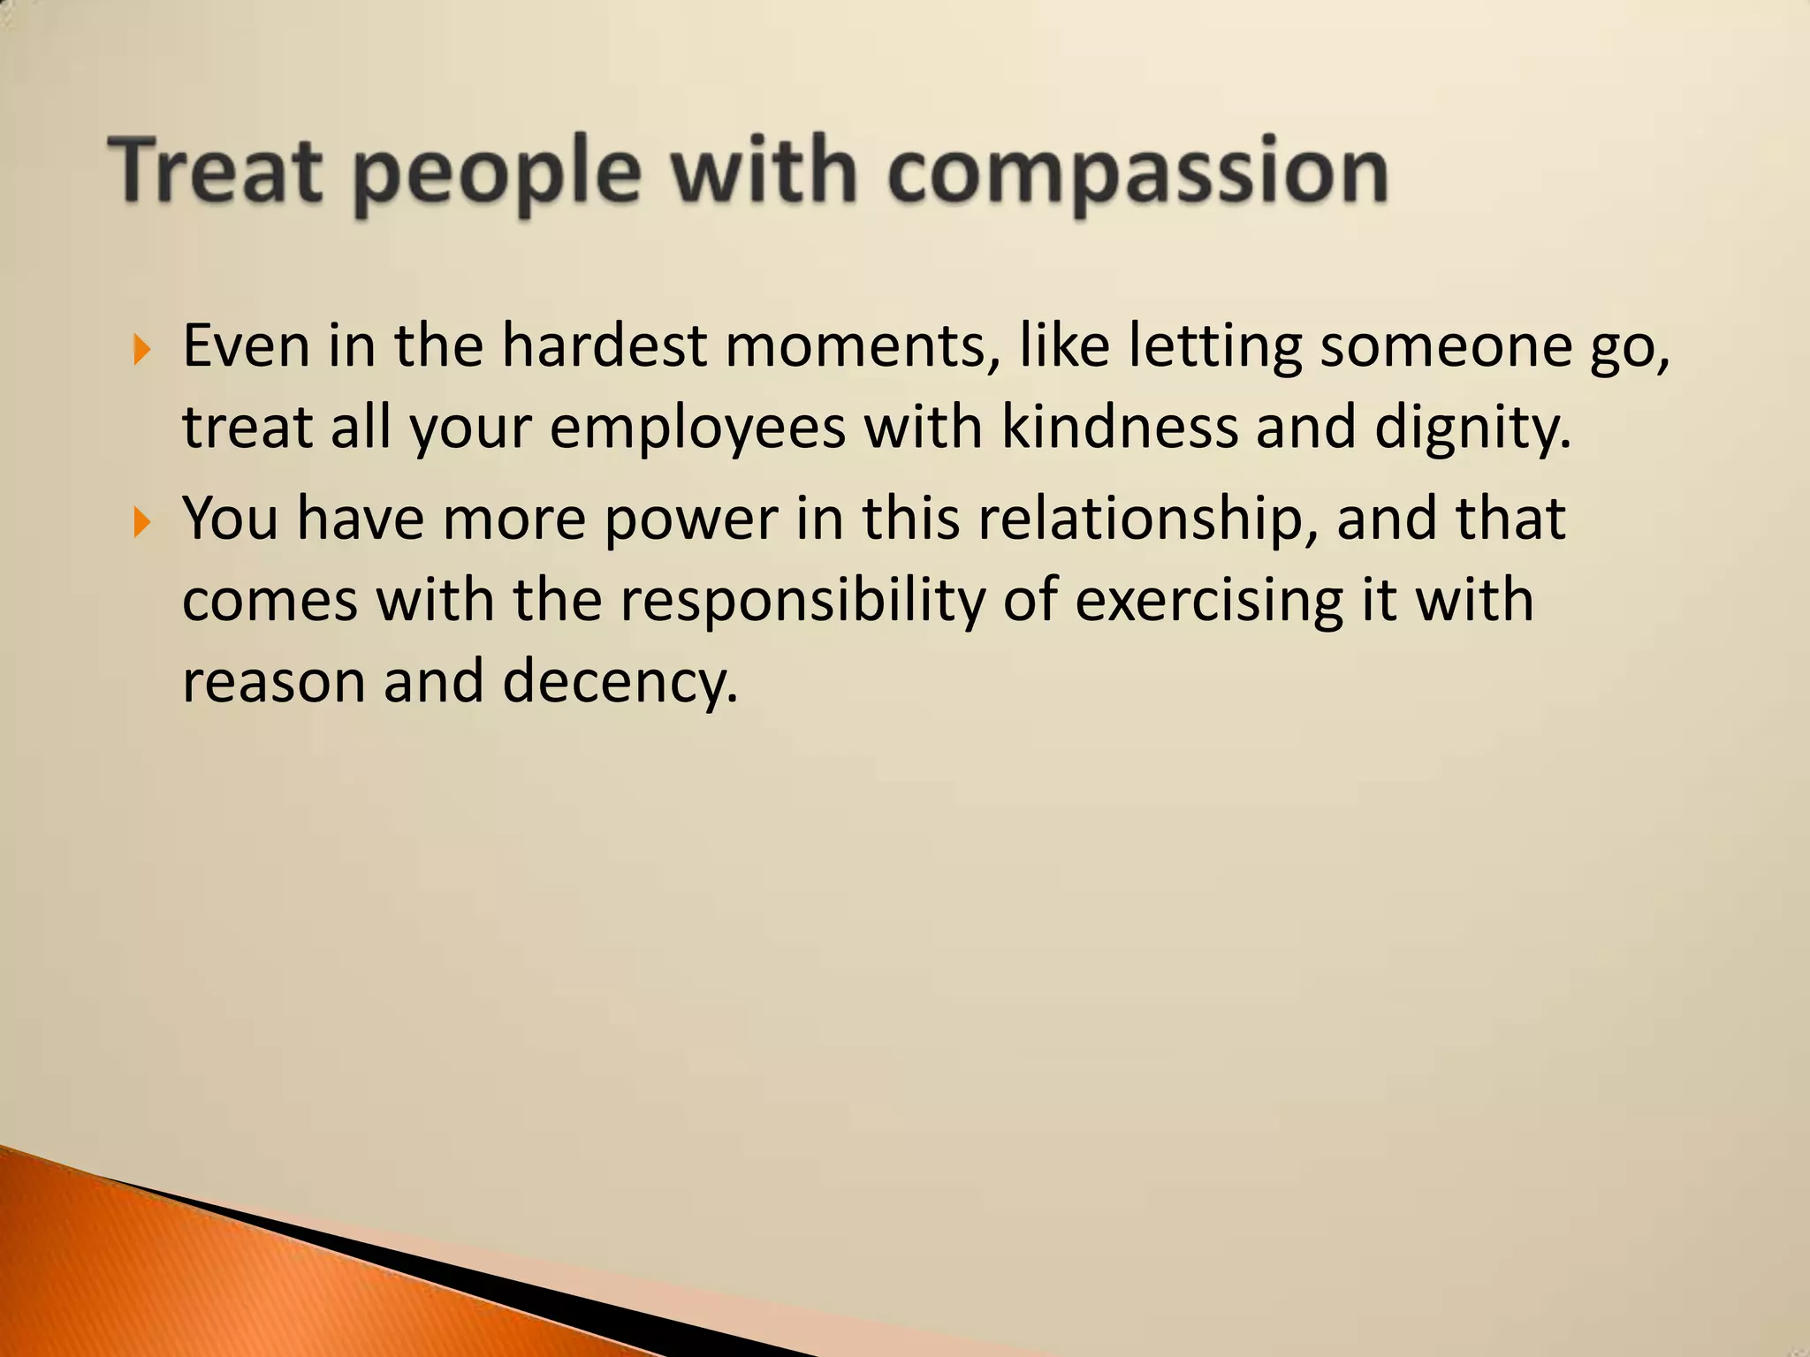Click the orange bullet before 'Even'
[141, 350]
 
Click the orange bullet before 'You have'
[141, 522]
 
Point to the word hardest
[605, 345]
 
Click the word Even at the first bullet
[246, 345]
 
